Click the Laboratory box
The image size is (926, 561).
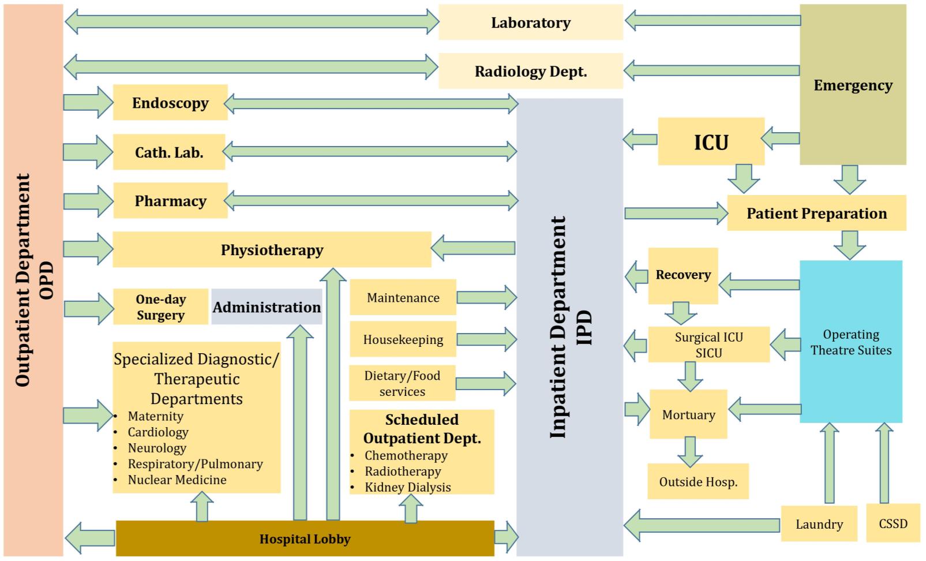tap(530, 23)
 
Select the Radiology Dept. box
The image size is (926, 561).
tap(530, 71)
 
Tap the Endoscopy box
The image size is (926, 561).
tap(170, 103)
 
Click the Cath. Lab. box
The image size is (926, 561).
tap(169, 152)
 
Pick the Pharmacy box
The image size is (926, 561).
tap(170, 201)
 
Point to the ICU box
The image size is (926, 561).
tap(711, 142)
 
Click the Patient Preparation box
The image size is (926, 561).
tap(816, 214)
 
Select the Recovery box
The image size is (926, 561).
tap(683, 275)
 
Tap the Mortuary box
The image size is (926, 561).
tap(688, 414)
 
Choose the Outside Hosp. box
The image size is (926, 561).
tap(698, 482)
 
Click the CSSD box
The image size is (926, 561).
tap(893, 523)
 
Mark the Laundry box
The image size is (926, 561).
tap(819, 524)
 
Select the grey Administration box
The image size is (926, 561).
tap(267, 307)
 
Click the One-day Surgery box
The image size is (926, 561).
tap(160, 307)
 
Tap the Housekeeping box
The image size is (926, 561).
tap(403, 339)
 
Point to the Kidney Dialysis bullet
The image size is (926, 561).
tap(407, 487)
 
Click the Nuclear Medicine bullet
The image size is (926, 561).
tap(177, 480)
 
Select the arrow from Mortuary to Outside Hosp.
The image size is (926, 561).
tap(689, 451)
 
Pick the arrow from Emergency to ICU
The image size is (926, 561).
tap(781, 138)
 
